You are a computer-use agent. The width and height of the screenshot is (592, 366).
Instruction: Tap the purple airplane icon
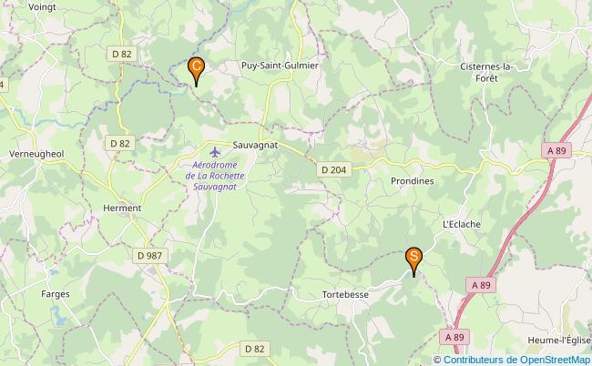pos(214,150)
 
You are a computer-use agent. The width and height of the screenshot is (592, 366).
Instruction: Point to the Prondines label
pos(412,181)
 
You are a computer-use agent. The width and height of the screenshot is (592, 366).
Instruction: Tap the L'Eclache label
pos(461,223)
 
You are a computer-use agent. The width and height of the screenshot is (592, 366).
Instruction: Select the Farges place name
pos(56,294)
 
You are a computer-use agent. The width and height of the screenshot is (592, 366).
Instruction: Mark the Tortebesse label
pos(345,295)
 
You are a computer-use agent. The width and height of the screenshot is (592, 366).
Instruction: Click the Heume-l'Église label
pos(558,341)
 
